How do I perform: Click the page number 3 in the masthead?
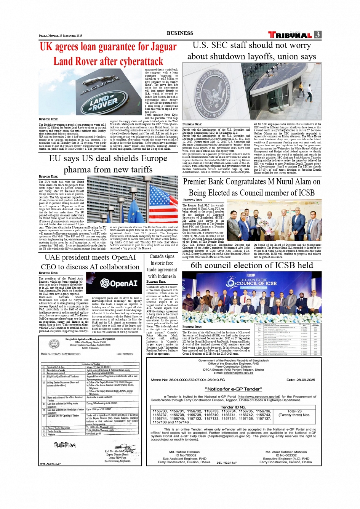[317, 35]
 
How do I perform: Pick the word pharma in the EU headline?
[76, 170]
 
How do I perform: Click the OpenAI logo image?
[118, 283]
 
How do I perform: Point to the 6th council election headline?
[252, 265]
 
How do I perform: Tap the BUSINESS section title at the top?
[180, 33]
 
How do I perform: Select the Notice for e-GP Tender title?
[234, 389]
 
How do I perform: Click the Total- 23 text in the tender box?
[294, 411]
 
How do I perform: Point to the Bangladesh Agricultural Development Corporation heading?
[90, 339]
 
